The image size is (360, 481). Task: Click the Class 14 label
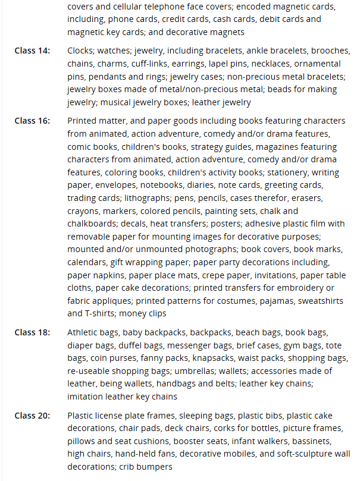tap(32, 51)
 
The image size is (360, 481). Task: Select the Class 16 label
tap(32, 121)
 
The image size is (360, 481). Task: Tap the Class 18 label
tap(32, 332)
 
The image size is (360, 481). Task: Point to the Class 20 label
tap(32, 415)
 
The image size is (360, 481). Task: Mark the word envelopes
tap(90, 185)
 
